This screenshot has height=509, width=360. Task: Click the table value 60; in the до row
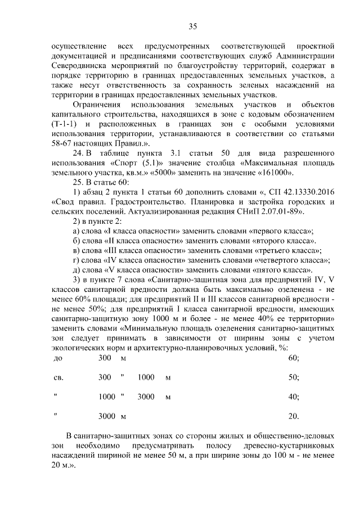coord(293,358)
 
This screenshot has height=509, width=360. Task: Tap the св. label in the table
coord(58,377)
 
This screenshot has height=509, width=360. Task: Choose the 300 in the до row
coord(105,358)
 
